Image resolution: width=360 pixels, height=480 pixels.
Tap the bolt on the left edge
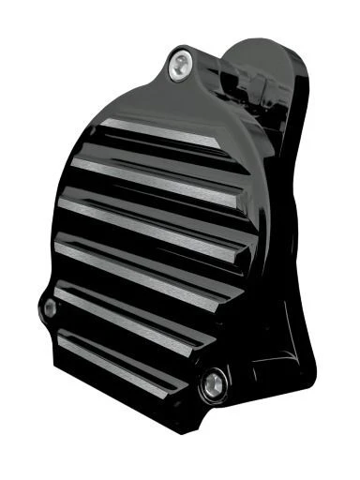point(50,308)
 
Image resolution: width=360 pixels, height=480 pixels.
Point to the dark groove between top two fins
point(155,153)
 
